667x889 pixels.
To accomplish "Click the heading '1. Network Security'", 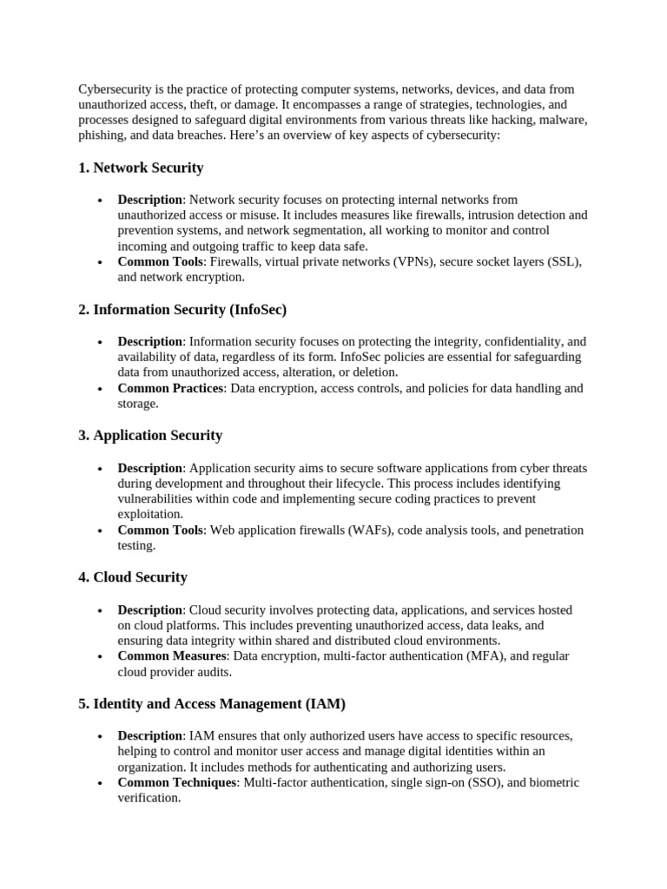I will pyautogui.click(x=141, y=168).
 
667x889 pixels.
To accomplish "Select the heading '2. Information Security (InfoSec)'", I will pyautogui.click(x=182, y=309).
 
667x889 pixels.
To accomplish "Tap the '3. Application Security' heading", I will pyautogui.click(x=150, y=435).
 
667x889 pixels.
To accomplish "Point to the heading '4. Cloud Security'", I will pyautogui.click(x=133, y=577).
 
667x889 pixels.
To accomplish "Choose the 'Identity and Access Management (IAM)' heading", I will pyautogui.click(x=212, y=703).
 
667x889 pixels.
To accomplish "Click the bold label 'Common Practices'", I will pyautogui.click(x=170, y=388).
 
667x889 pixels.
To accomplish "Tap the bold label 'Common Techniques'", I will pyautogui.click(x=176, y=782).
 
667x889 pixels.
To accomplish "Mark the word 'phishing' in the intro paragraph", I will pyautogui.click(x=101, y=136).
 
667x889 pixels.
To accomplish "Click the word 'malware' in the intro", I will pyautogui.click(x=564, y=121).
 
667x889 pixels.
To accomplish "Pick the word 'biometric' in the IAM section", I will pyautogui.click(x=553, y=782).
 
